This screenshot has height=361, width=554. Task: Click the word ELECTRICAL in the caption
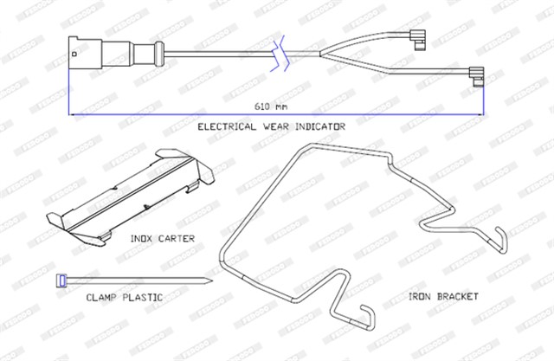tap(226, 126)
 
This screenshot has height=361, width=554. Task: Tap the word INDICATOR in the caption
tap(317, 126)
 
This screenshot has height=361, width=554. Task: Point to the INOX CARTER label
tap(162, 237)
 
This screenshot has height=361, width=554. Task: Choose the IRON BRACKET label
tap(443, 296)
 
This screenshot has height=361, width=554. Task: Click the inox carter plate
tap(130, 195)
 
